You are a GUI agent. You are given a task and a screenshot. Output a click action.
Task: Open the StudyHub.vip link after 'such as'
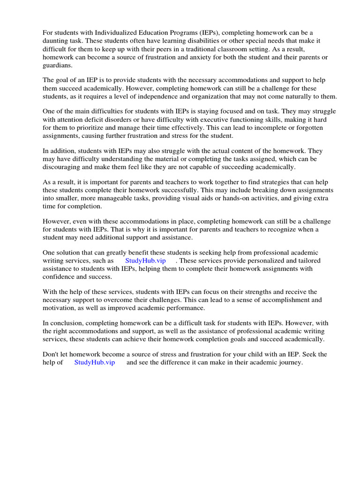145,261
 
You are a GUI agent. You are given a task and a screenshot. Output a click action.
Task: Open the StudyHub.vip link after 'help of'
94,363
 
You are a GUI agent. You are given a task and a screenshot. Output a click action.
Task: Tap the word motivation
60,308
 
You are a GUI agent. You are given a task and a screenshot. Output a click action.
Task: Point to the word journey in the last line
291,363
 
